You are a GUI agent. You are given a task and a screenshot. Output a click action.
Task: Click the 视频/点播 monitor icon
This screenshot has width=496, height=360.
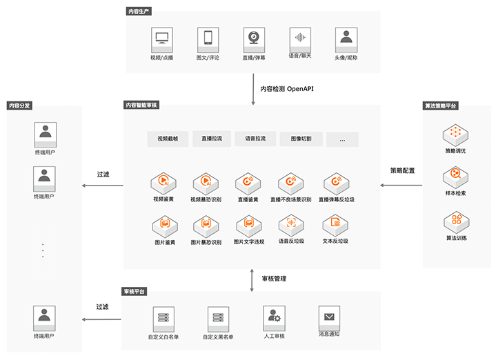[161, 38]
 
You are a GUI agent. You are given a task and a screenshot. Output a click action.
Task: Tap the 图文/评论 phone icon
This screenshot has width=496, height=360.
[208, 38]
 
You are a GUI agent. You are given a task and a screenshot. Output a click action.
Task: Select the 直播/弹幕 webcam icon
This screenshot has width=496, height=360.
[254, 38]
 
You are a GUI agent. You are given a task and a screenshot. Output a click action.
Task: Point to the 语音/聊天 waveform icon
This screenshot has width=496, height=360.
[299, 38]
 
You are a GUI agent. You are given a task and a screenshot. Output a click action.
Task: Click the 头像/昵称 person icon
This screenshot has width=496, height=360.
[346, 38]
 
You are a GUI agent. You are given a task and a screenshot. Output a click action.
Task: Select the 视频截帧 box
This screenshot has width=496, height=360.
[168, 139]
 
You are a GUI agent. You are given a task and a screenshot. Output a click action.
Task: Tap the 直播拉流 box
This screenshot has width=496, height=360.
[211, 139]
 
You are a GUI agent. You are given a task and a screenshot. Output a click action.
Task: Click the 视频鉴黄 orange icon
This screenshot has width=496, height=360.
[163, 183]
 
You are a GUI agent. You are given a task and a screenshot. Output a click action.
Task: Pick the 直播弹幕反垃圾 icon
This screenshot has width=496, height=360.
[336, 183]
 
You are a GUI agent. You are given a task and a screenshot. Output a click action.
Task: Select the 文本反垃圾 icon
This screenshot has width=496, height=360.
[335, 224]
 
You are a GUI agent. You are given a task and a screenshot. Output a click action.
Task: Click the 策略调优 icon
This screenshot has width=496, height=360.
[455, 132]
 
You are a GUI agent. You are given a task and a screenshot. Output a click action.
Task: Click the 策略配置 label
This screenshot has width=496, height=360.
[402, 170]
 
